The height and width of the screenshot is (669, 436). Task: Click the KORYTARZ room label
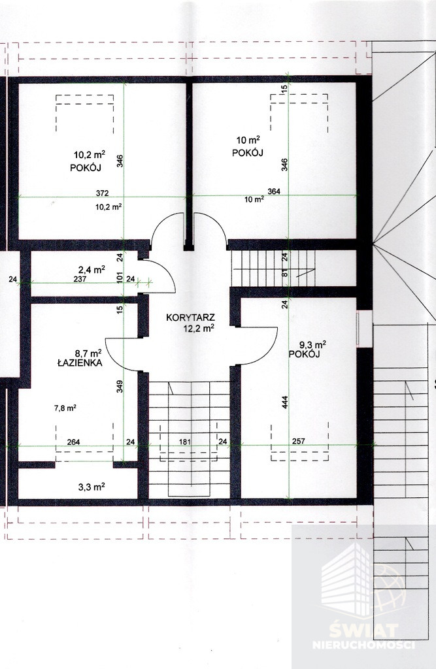coord(190,318)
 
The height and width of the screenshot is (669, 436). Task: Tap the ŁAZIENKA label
coord(80,363)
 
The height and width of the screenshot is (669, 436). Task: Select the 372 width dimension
coord(102,193)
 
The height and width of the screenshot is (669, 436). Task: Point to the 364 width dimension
coord(274,191)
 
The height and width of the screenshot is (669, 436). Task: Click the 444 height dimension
coord(285,402)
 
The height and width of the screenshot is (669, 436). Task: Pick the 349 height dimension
coord(120,387)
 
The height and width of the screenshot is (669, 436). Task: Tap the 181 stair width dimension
coord(184,442)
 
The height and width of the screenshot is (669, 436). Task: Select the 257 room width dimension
coord(299,441)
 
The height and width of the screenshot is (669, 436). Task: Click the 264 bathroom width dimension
coord(73,442)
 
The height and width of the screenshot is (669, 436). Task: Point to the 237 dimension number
coord(80,280)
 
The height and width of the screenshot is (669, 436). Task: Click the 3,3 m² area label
coord(92,486)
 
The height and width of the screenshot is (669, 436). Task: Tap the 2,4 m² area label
coord(92,269)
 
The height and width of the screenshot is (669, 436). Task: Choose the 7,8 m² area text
coord(65,408)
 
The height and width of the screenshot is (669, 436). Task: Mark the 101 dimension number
coord(120,277)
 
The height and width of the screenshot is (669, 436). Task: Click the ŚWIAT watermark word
coord(364,630)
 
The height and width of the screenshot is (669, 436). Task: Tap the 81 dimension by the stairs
coord(285,274)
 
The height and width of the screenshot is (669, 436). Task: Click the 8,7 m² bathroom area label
coord(88,353)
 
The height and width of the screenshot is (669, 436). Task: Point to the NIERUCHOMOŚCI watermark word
coord(364,644)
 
